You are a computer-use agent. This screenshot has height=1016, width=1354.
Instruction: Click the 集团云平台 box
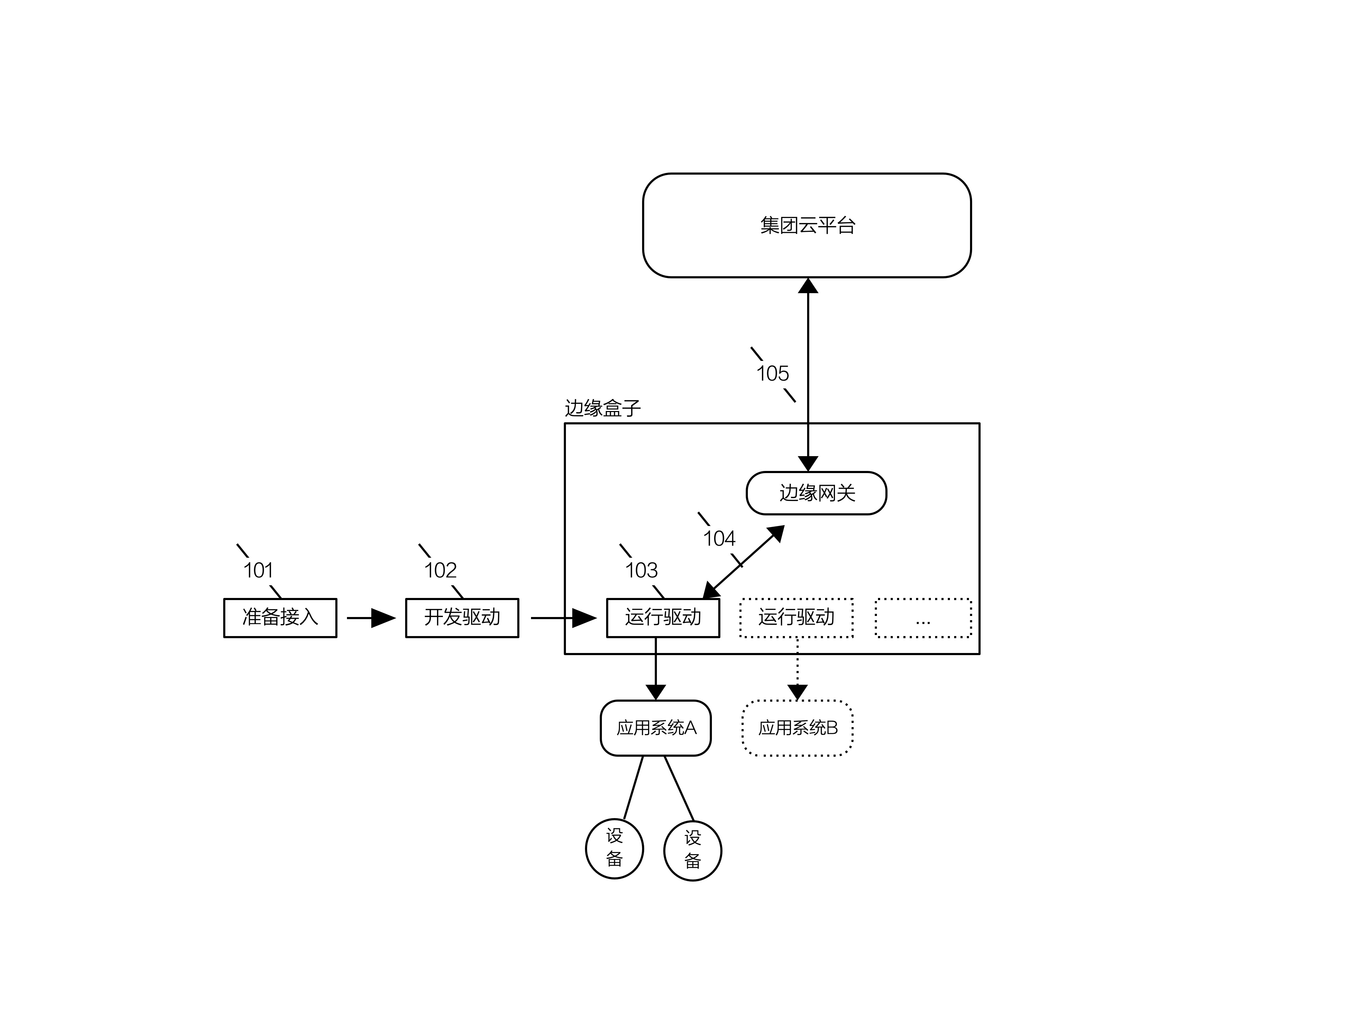pyautogui.click(x=807, y=225)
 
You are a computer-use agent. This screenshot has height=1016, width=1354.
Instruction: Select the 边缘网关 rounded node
pyautogui.click(x=817, y=493)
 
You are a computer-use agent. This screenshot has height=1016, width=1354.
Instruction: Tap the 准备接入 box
pyautogui.click(x=280, y=617)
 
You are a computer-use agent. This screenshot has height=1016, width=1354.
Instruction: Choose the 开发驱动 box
pyautogui.click(x=462, y=617)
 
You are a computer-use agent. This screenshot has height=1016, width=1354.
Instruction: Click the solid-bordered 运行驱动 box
pyautogui.click(x=663, y=617)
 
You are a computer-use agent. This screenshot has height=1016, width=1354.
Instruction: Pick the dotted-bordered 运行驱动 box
pyautogui.click(x=797, y=617)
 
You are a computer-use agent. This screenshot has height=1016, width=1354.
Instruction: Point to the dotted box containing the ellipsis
pyautogui.click(x=923, y=617)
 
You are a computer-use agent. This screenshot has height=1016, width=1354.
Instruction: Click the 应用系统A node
pyautogui.click(x=655, y=727)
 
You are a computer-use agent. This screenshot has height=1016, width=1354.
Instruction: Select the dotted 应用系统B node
pyautogui.click(x=798, y=727)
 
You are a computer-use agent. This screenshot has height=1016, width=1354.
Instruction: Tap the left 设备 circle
pyautogui.click(x=615, y=848)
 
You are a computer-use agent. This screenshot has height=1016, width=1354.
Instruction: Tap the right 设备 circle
pyautogui.click(x=693, y=850)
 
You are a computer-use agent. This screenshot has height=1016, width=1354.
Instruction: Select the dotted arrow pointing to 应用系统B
pyautogui.click(x=797, y=669)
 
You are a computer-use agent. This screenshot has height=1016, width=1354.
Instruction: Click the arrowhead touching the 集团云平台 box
pyautogui.click(x=808, y=286)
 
